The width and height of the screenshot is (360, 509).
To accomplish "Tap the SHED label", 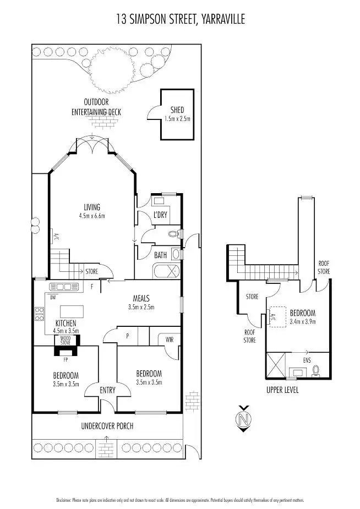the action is point(177,109).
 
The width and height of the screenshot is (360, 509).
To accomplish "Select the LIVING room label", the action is point(92,207).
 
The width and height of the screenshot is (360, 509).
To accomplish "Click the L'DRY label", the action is point(160,215).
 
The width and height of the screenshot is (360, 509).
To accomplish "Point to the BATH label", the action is point(160,255).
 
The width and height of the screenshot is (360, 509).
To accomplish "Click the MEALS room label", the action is point(141,299).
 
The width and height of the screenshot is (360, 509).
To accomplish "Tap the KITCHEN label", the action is point(66,323).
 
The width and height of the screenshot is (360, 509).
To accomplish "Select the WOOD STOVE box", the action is point(66,340).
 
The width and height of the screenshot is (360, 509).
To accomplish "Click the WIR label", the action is point(169,341).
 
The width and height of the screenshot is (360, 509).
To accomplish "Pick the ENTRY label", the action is point(108,390).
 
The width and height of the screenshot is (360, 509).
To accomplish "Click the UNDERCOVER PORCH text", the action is point(107,426).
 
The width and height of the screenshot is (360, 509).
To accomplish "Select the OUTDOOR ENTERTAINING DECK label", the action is point(96,107).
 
